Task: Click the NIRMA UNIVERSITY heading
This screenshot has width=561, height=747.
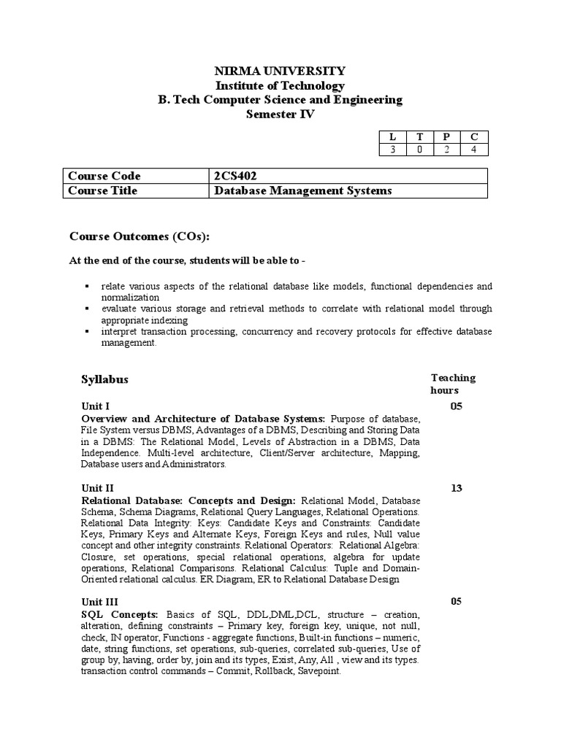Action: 280,71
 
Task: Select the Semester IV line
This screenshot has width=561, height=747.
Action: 280,114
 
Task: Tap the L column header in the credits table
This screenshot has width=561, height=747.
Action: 392,136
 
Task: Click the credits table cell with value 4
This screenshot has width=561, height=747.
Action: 473,150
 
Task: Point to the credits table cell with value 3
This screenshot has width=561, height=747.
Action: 392,150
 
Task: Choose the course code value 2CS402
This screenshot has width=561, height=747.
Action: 234,176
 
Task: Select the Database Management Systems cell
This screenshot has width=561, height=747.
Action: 302,190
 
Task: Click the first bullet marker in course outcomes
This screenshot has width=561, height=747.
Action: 86,287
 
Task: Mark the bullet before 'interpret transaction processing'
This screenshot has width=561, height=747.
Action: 86,332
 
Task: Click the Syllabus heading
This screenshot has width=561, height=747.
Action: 104,379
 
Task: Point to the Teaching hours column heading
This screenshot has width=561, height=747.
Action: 453,384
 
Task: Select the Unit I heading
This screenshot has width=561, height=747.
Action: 95,406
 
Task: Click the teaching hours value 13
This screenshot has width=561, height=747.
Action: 457,488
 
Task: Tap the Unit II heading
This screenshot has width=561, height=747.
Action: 97,488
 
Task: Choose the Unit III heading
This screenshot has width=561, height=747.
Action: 99,602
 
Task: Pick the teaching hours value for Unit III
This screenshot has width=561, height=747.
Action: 457,602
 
